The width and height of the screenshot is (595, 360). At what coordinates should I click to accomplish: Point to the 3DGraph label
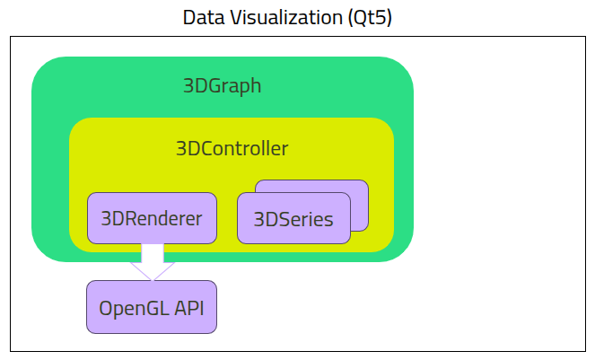(x=222, y=86)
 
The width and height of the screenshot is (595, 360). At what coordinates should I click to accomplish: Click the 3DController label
(x=232, y=148)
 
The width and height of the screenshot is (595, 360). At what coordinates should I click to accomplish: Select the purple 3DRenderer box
(x=152, y=218)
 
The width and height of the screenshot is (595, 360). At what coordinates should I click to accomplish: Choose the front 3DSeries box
(x=293, y=218)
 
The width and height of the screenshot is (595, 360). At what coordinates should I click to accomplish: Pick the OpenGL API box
(x=152, y=308)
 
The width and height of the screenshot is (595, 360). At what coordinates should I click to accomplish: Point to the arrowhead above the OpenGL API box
(x=153, y=270)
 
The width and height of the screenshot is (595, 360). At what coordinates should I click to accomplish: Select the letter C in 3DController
(x=206, y=148)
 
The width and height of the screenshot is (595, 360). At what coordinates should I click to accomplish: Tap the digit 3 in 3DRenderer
(x=106, y=218)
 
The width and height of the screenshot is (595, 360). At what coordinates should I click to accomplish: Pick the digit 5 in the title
(x=387, y=17)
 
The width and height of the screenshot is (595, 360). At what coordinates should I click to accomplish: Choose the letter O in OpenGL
(x=106, y=308)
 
